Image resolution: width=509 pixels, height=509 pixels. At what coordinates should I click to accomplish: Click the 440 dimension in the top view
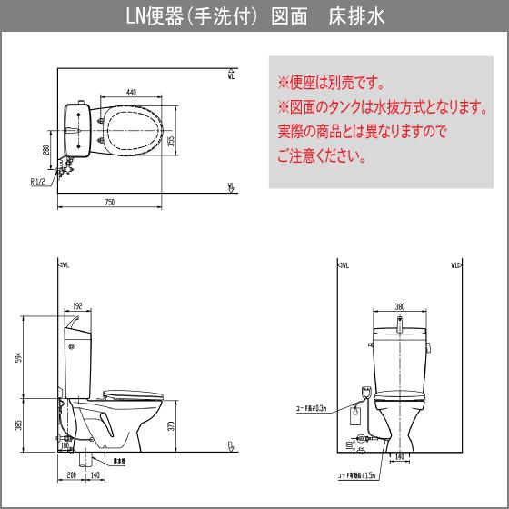pyautogui.click(x=132, y=93)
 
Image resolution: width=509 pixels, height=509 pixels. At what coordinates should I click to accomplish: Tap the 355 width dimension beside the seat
pyautogui.click(x=171, y=140)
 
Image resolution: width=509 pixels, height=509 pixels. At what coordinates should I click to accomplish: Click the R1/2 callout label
pyautogui.click(x=41, y=182)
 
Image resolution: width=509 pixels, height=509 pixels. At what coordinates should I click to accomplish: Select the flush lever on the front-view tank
pyautogui.click(x=373, y=344)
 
